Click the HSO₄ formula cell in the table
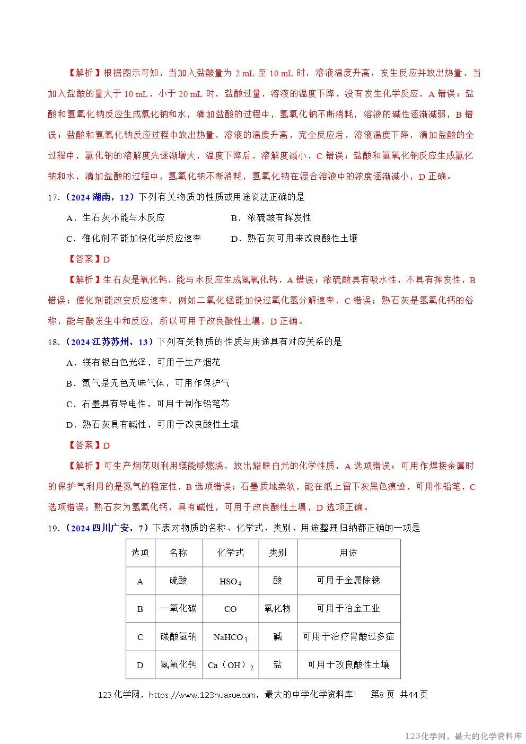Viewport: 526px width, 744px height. pos(230,581)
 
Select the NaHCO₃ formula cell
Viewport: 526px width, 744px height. pos(230,637)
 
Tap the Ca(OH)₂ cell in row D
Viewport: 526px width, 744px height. pos(230,666)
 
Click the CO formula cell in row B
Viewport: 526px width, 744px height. pos(230,609)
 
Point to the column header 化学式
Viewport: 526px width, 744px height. pos(230,553)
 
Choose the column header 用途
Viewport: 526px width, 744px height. pos(348,553)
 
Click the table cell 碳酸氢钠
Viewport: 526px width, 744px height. pos(178,637)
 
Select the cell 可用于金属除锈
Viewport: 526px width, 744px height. pos(348,581)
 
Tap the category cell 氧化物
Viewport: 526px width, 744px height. pos(277,609)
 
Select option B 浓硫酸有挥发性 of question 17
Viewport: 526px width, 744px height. pos(271,218)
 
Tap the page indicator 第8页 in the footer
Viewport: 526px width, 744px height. pos(382,695)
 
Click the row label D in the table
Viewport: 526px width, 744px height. pos(140,666)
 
